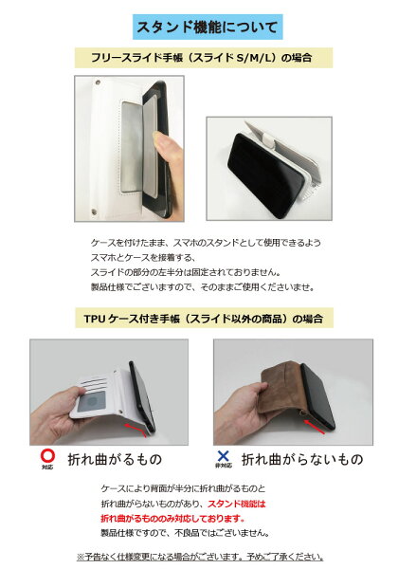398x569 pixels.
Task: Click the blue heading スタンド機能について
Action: tap(208, 28)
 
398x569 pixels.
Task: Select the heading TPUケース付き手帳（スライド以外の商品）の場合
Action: tap(204, 319)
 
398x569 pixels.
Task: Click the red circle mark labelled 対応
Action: tap(47, 455)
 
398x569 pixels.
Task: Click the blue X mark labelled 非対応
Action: tap(223, 456)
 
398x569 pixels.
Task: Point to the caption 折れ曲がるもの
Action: tap(115, 459)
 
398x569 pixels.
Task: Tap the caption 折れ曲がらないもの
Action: tap(302, 459)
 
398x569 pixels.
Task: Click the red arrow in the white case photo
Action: tap(136, 429)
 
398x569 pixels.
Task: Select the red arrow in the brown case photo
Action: tap(314, 427)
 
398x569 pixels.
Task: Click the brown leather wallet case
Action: tap(280, 387)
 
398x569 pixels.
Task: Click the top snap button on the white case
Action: tap(98, 83)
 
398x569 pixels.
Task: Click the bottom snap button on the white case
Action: tap(94, 211)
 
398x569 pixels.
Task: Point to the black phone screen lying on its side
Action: tap(265, 174)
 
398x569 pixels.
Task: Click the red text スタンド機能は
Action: tap(236, 504)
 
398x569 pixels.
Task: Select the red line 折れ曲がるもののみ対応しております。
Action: tap(172, 518)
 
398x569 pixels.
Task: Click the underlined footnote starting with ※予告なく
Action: tap(200, 557)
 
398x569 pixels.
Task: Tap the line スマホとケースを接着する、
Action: tap(143, 257)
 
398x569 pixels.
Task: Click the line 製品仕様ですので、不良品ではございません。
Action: tap(185, 533)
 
